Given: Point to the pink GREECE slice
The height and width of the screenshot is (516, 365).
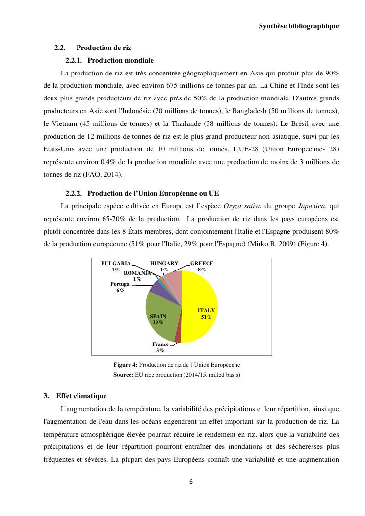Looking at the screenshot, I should [174, 280].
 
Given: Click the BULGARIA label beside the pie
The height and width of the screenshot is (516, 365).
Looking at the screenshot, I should [116, 264].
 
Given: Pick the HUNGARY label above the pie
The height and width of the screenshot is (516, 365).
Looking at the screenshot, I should [164, 264].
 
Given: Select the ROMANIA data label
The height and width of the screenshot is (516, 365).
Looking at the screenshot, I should [137, 272].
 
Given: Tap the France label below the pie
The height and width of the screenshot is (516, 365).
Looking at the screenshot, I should [160, 344].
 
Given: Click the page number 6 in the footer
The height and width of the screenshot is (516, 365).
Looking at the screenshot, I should [191, 481].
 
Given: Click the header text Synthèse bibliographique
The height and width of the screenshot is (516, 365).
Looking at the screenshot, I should [298, 26].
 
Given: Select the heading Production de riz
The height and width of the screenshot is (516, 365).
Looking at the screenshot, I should [104, 48].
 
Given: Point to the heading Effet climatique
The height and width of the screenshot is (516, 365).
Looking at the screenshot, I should [81, 396].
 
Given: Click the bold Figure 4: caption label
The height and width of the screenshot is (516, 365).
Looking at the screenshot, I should [126, 365].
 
